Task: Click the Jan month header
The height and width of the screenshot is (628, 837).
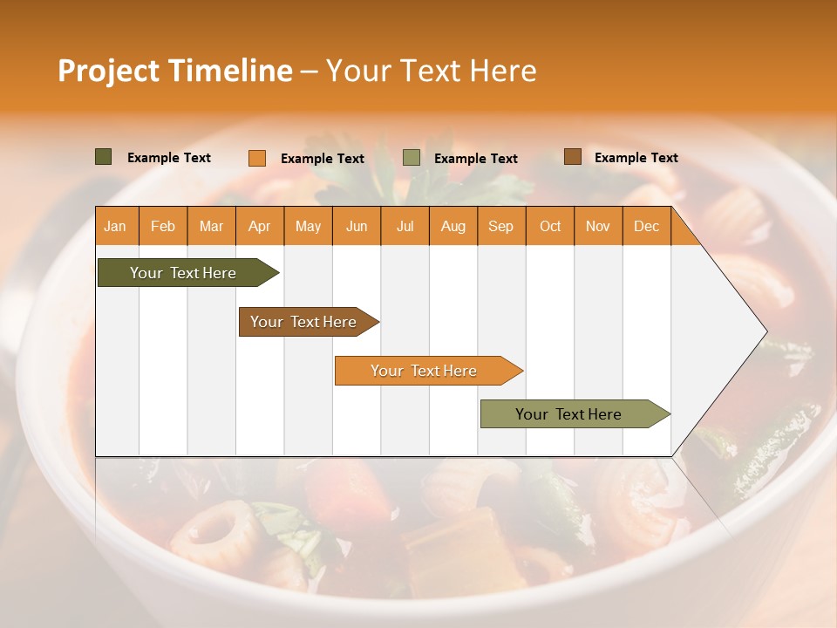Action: click(x=115, y=226)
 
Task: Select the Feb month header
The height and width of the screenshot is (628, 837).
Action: click(x=163, y=226)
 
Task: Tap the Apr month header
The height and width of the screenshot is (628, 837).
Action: click(x=259, y=226)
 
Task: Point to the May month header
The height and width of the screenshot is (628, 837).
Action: click(x=308, y=226)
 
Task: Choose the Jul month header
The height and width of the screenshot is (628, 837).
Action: click(x=405, y=226)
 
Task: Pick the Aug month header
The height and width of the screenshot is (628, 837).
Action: click(x=453, y=226)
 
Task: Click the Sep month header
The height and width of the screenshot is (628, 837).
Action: click(x=500, y=226)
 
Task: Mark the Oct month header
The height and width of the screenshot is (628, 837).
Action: click(x=550, y=226)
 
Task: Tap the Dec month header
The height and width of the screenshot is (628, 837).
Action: click(x=646, y=226)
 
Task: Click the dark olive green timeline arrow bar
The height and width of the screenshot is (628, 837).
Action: click(x=184, y=273)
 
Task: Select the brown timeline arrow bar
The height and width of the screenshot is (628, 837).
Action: click(x=304, y=322)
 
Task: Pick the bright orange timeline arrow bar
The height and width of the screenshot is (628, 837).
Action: click(x=425, y=371)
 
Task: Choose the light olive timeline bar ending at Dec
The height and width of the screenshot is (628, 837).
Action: click(x=569, y=414)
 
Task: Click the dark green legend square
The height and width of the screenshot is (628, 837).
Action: click(x=104, y=157)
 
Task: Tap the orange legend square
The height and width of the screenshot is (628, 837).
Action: click(x=257, y=158)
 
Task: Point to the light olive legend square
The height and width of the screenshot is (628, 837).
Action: click(x=412, y=158)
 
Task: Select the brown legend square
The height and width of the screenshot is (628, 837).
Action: click(x=573, y=157)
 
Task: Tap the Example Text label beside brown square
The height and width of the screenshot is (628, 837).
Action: click(x=636, y=157)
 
